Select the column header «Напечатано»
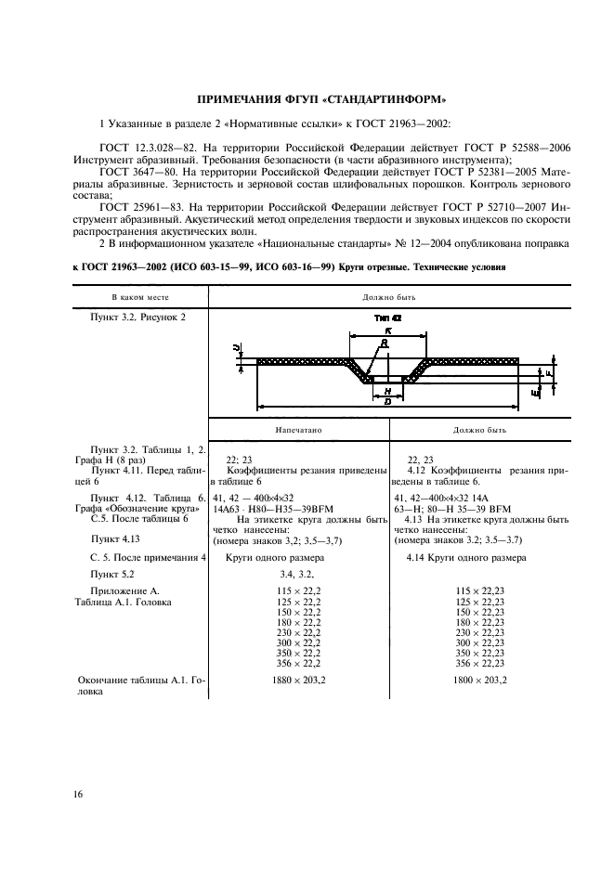[x=298, y=431]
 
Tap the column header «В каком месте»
[x=139, y=296]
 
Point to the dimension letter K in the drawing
[x=387, y=331]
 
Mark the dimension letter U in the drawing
[x=238, y=348]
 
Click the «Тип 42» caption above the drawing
[x=386, y=317]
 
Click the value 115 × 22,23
[x=480, y=591]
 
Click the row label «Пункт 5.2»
[x=114, y=576]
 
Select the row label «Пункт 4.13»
[x=115, y=538]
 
